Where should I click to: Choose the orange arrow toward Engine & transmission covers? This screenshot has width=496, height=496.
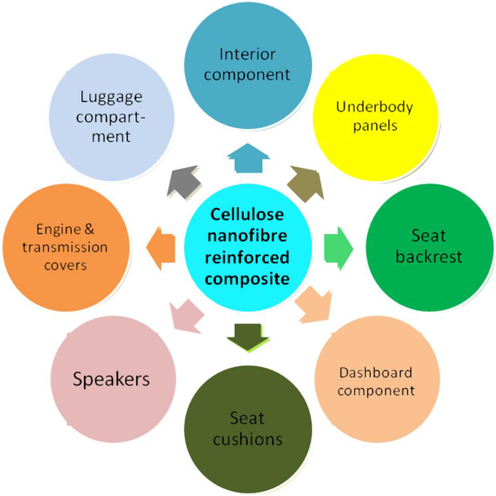click(161, 248)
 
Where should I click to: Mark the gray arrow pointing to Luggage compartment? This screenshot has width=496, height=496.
click(184, 182)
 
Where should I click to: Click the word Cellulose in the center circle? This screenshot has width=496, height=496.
click(247, 214)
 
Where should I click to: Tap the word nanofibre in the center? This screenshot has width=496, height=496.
click(247, 236)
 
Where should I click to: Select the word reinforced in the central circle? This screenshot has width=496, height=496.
click(247, 258)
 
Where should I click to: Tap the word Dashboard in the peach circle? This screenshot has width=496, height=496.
click(376, 373)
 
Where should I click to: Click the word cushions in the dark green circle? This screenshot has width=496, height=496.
click(248, 439)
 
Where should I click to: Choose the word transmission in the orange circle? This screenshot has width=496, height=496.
click(65, 247)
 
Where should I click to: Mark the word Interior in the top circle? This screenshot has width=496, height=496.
click(247, 55)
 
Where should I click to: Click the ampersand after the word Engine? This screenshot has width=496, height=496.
click(89, 229)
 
